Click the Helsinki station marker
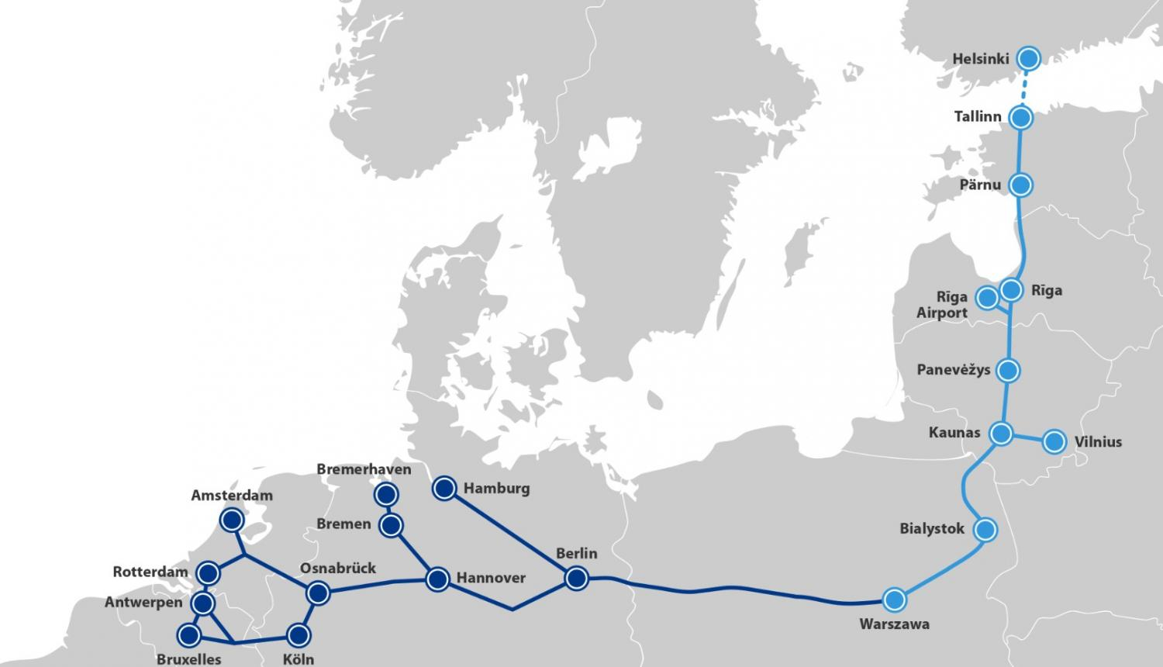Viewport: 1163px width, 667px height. pos(1029,58)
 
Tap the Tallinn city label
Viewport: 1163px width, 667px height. pos(978,117)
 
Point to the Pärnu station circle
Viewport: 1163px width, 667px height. pos(1021,185)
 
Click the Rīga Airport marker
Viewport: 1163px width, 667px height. pos(987,298)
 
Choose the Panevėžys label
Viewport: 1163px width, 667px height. pos(954,370)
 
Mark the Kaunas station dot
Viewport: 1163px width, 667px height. pos(1002,434)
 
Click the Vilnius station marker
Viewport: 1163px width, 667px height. pos(1054,442)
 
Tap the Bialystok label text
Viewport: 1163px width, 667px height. pos(932,529)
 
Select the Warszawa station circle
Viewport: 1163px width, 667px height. pos(894,600)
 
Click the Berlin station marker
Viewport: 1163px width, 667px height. pos(575,579)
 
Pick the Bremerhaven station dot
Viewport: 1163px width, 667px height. pos(385,494)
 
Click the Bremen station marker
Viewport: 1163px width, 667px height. pos(392,526)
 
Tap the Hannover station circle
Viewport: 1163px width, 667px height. pos(437,579)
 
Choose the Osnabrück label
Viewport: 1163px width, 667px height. pos(337,569)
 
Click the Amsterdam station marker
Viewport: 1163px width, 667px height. pos(231,520)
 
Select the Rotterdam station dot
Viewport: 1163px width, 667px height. pos(207,574)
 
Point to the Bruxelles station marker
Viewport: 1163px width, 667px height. pos(188,636)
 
